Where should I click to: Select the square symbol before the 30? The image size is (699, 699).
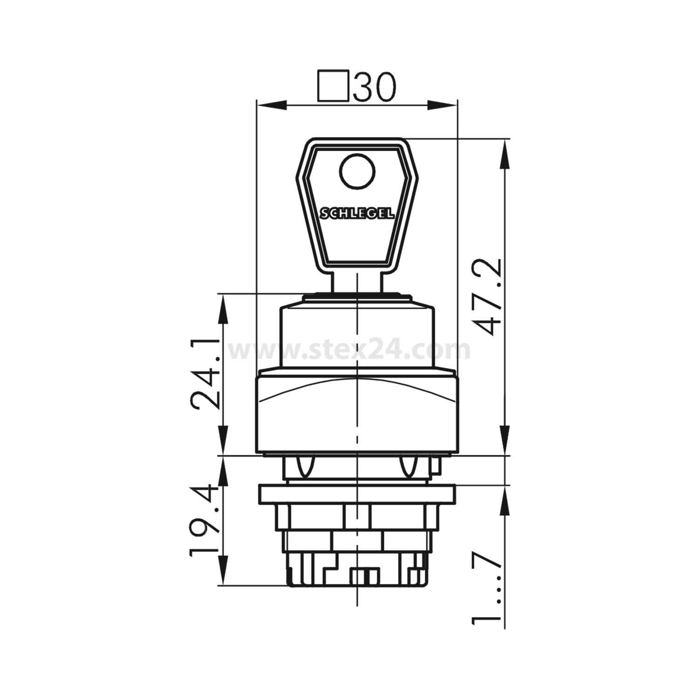(333, 86)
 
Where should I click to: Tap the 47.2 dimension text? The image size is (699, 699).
(491, 296)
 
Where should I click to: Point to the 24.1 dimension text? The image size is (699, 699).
(206, 374)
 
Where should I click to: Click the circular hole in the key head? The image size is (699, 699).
(357, 171)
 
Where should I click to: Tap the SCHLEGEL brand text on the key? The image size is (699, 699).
(357, 214)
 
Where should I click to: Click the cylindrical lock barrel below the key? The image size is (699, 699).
(357, 336)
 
